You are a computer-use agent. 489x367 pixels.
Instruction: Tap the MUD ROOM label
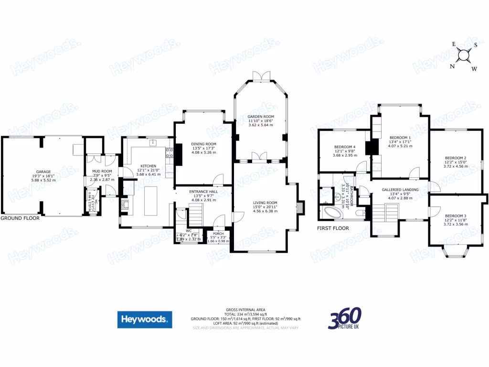click(x=102, y=172)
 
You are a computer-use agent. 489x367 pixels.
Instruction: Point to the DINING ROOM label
click(x=204, y=144)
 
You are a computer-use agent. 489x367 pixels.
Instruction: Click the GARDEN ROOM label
click(x=260, y=117)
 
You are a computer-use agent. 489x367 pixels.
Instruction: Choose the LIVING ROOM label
click(x=265, y=203)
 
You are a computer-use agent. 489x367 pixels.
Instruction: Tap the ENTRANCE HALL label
click(x=204, y=192)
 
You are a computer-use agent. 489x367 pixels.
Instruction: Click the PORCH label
click(x=218, y=234)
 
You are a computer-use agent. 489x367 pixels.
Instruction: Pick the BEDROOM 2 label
click(x=456, y=158)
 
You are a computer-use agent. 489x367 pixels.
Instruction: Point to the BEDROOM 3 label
click(x=456, y=216)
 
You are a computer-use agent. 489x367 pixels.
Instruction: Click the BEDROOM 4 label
click(x=345, y=147)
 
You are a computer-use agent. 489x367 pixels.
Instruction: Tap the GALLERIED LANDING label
click(x=400, y=190)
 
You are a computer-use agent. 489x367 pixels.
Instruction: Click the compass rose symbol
click(x=463, y=56)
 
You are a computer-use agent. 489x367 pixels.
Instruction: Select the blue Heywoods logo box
click(x=145, y=320)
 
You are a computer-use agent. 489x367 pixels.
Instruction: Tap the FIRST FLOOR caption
click(x=333, y=228)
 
